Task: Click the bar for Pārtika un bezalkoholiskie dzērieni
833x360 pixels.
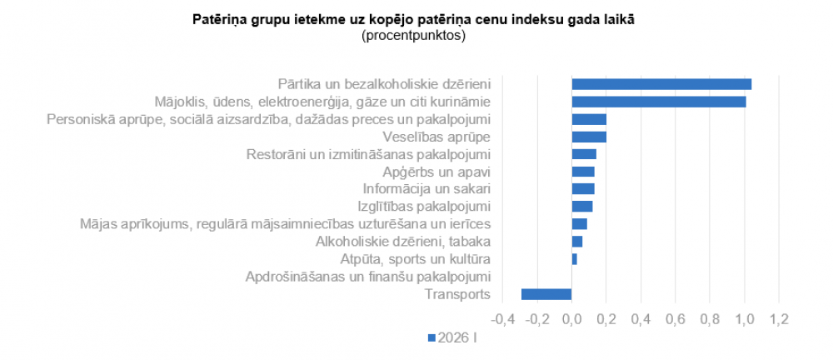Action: click(x=661, y=84)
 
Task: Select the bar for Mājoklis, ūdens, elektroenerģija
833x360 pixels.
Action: click(x=659, y=102)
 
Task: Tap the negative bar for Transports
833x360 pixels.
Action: click(x=546, y=294)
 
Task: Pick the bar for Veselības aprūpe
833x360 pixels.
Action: click(x=589, y=137)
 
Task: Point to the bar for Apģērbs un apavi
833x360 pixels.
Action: click(x=583, y=172)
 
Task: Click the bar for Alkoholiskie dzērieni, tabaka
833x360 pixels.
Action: click(x=577, y=242)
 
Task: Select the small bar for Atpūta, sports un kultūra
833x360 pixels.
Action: click(x=575, y=259)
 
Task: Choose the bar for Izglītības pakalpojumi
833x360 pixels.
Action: click(x=582, y=207)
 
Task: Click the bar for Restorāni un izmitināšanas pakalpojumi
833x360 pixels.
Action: click(x=584, y=154)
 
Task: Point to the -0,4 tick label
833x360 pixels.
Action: click(x=502, y=319)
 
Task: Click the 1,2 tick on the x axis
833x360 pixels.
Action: click(x=779, y=319)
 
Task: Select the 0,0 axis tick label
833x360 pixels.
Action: click(x=571, y=319)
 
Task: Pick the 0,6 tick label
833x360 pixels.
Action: click(x=676, y=319)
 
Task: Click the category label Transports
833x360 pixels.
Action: click(x=457, y=294)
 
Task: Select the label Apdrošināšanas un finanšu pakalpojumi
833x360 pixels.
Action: click(x=368, y=277)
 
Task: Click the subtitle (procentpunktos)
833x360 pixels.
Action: click(x=413, y=36)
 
